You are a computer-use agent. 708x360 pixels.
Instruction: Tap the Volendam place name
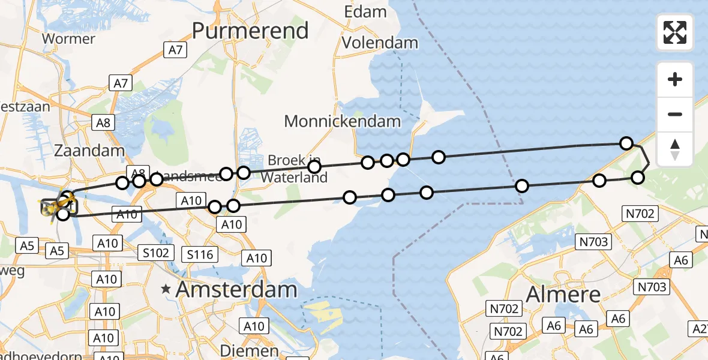pyautogui.click(x=380, y=42)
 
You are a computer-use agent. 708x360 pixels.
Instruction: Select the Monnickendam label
pyautogui.click(x=342, y=121)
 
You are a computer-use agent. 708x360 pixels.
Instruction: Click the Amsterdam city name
pyautogui.click(x=236, y=290)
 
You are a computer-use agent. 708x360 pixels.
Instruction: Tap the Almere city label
pyautogui.click(x=563, y=294)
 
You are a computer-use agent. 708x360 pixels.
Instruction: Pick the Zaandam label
pyautogui.click(x=89, y=150)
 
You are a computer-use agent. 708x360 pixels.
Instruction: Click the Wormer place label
pyautogui.click(x=69, y=39)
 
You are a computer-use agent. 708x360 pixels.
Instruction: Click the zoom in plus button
pyautogui.click(x=675, y=79)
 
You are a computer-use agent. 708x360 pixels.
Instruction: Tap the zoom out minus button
pyautogui.click(x=675, y=114)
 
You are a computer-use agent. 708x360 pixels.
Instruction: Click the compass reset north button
pyautogui.click(x=675, y=149)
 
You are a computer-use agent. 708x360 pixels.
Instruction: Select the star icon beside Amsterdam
pyautogui.click(x=166, y=289)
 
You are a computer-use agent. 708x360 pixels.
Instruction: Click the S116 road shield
pyautogui.click(x=200, y=254)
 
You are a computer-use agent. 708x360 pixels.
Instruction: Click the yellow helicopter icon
pyautogui.click(x=54, y=207)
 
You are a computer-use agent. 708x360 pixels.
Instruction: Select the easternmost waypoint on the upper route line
pyautogui.click(x=626, y=143)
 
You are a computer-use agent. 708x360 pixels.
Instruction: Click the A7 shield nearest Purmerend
pyautogui.click(x=175, y=50)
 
